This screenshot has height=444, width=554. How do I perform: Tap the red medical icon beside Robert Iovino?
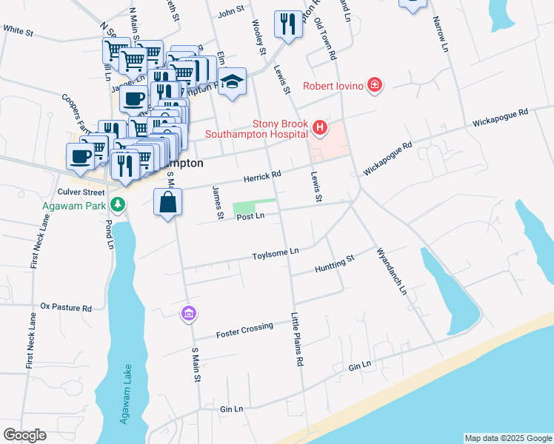[376, 86]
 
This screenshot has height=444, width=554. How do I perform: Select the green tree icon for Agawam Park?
[116, 203]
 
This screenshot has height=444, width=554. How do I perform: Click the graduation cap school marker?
[232, 81]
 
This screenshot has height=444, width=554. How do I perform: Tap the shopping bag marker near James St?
[168, 202]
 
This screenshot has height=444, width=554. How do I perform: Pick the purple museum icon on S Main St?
[189, 314]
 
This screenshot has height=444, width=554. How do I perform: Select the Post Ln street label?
[250, 216]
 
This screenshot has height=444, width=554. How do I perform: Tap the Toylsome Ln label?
[275, 252]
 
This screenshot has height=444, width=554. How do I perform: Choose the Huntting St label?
[335, 263]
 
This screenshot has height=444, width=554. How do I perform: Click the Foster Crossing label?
[244, 330]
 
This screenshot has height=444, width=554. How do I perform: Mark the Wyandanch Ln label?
[392, 271]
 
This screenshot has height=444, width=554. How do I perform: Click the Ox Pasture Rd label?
[65, 306]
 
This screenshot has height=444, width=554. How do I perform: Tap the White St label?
[19, 31]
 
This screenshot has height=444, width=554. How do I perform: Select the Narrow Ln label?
[440, 33]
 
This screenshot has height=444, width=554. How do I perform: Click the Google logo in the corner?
[24, 434]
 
